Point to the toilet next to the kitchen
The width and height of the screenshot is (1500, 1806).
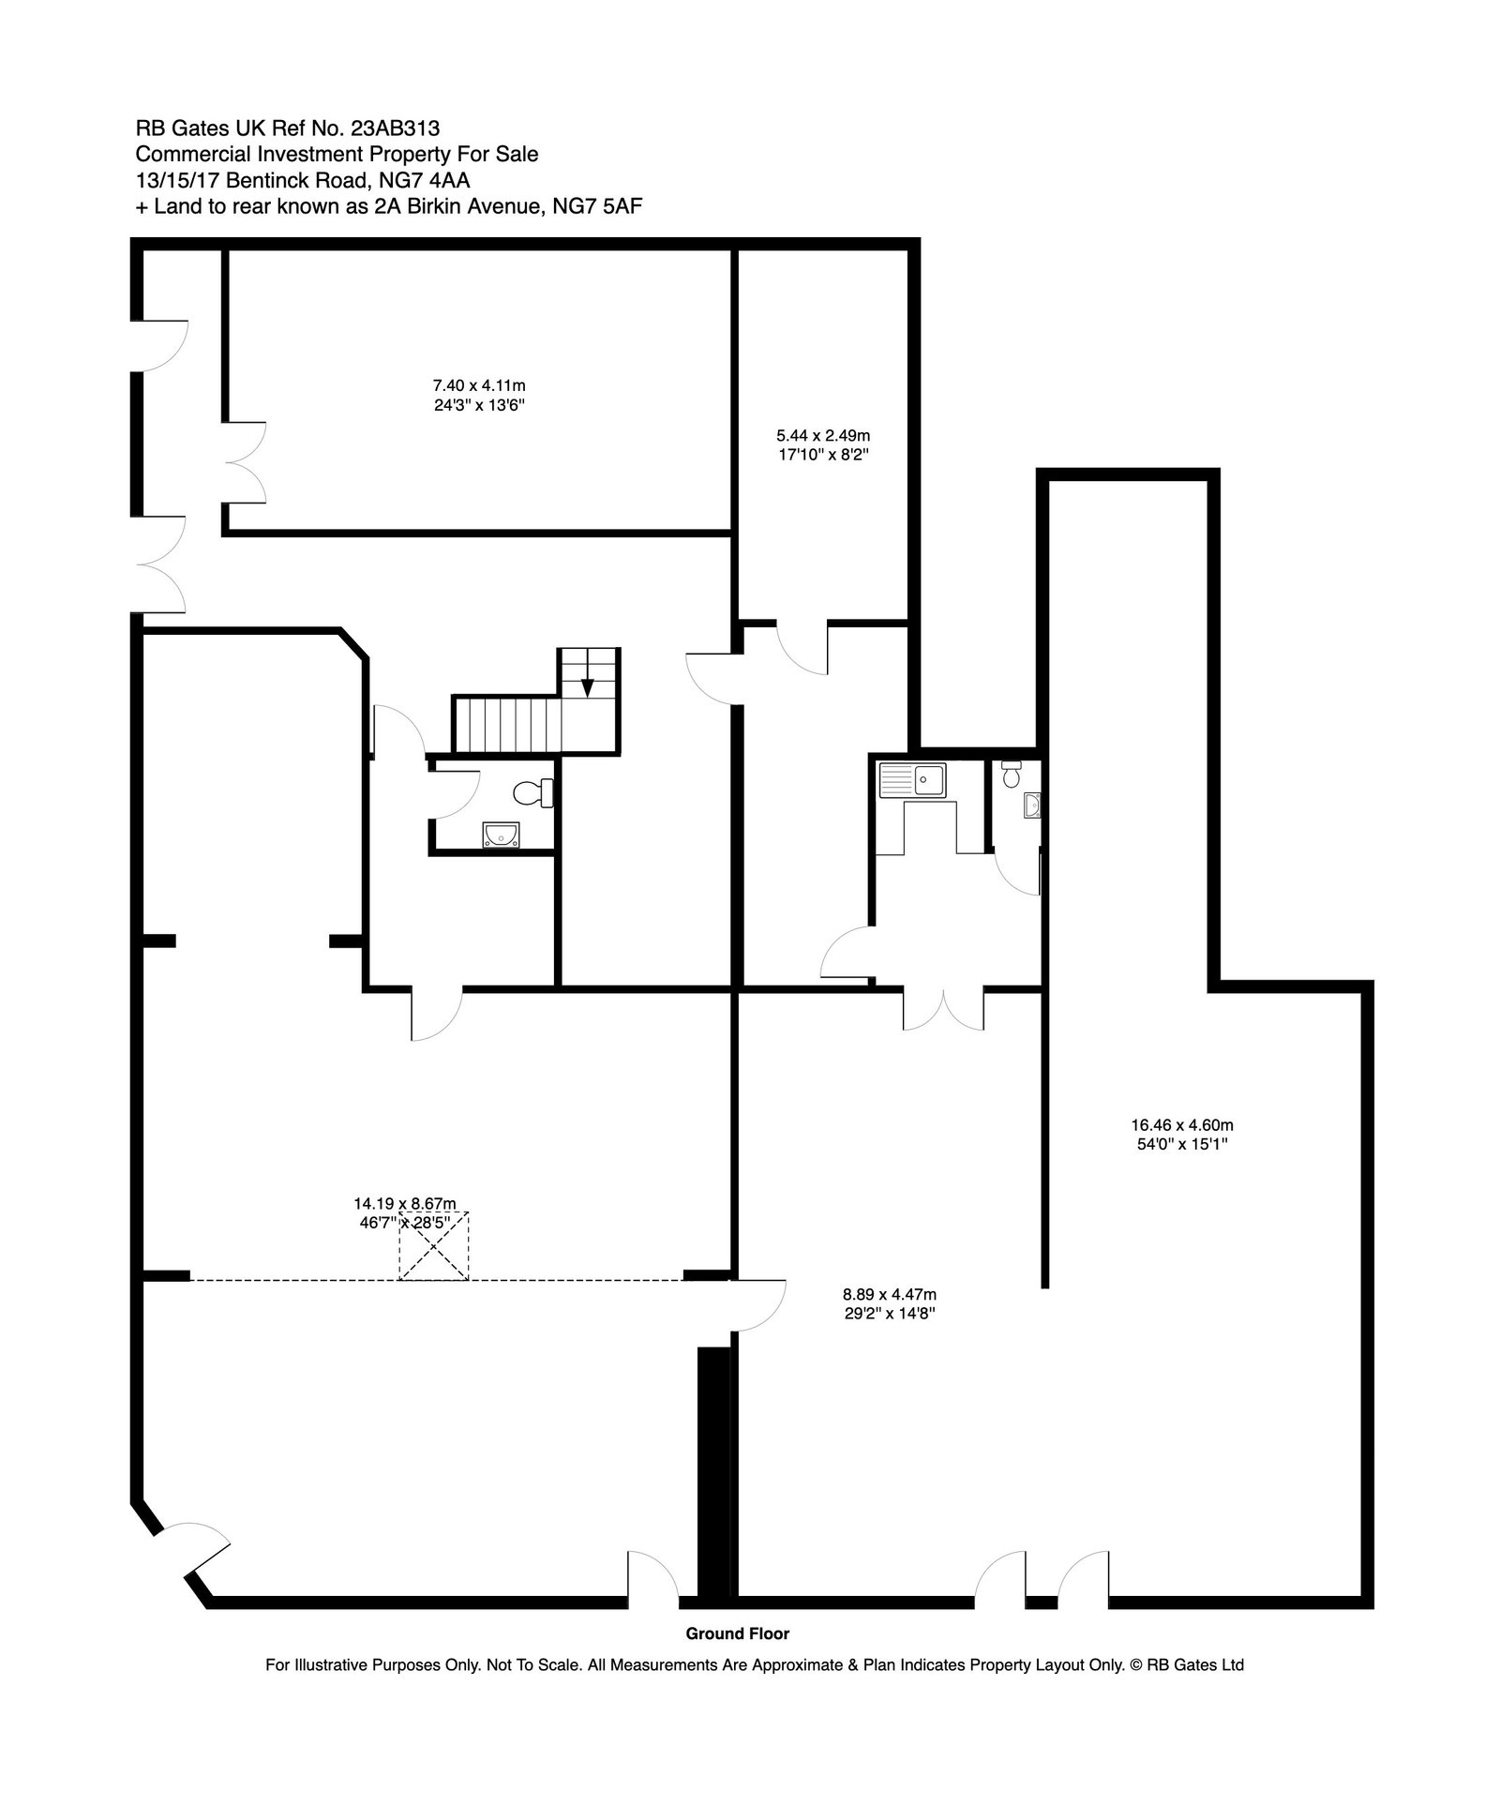(x=1011, y=775)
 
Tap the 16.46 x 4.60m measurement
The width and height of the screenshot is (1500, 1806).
(x=1181, y=1134)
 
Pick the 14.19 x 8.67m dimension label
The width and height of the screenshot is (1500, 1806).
(x=405, y=1212)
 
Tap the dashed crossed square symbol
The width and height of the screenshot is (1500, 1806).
(x=434, y=1245)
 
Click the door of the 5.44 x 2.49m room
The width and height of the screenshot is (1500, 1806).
(x=802, y=647)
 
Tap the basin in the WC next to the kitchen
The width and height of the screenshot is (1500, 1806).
(x=1033, y=805)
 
